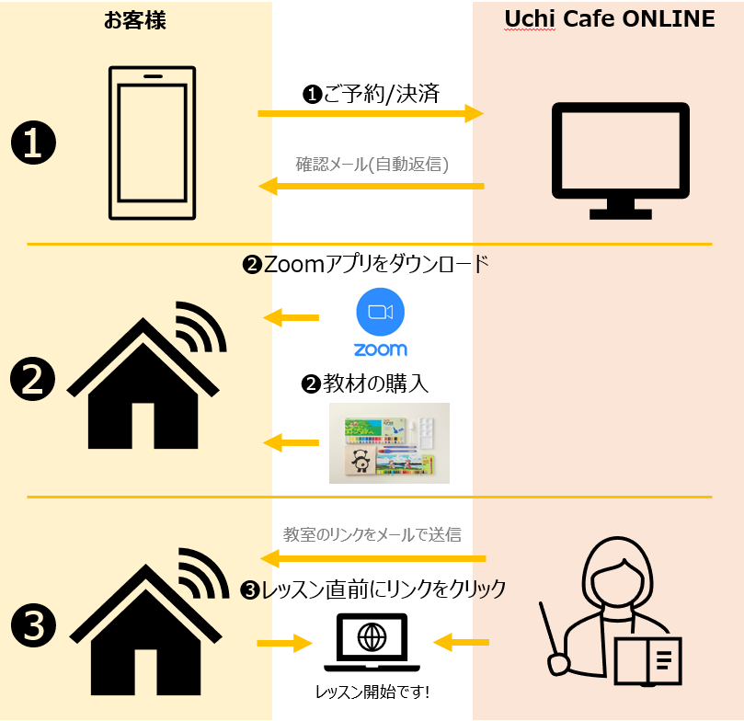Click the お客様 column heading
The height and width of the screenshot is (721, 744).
[135, 20]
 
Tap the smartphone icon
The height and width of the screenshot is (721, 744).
[153, 143]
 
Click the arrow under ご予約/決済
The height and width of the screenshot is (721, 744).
[371, 113]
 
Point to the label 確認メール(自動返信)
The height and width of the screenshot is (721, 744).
[372, 165]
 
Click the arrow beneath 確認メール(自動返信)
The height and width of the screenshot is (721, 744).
[371, 187]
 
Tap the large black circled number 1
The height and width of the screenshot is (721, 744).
[33, 144]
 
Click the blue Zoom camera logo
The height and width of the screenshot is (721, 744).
[381, 313]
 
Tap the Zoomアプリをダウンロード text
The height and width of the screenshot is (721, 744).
[365, 266]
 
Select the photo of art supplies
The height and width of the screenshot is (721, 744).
[389, 443]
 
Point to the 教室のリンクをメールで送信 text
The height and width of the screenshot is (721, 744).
[372, 533]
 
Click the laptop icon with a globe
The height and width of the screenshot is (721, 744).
[372, 640]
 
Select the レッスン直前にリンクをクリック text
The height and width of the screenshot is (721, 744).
[372, 589]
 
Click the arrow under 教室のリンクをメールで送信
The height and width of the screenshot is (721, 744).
[372, 558]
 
